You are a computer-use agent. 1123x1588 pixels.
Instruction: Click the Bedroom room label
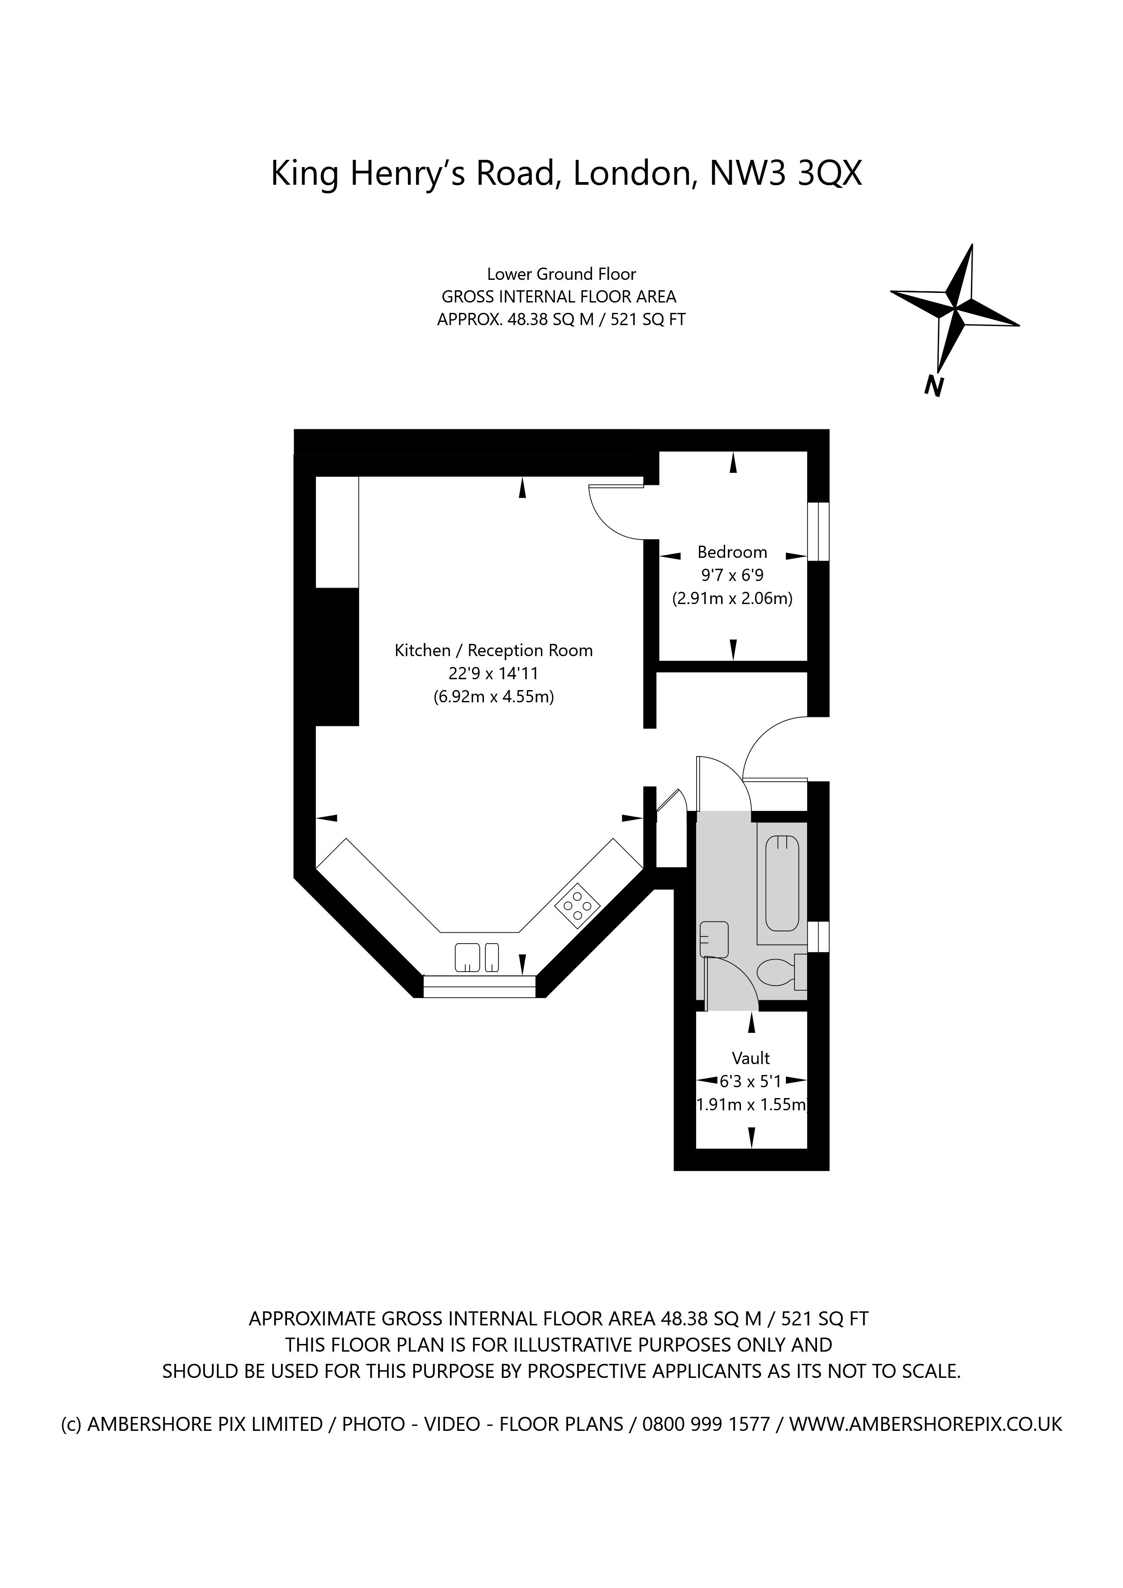(x=732, y=552)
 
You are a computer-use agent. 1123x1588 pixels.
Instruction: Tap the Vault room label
(x=751, y=1058)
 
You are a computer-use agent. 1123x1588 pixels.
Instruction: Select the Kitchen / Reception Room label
(x=494, y=650)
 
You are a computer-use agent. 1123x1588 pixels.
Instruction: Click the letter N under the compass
(x=934, y=386)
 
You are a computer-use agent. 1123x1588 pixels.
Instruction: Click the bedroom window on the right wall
(x=819, y=531)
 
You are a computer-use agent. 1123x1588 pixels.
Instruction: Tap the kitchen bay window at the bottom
(x=479, y=986)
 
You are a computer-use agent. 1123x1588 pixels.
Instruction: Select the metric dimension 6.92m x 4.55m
(x=494, y=696)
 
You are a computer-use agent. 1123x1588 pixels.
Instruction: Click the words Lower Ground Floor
(x=561, y=274)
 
